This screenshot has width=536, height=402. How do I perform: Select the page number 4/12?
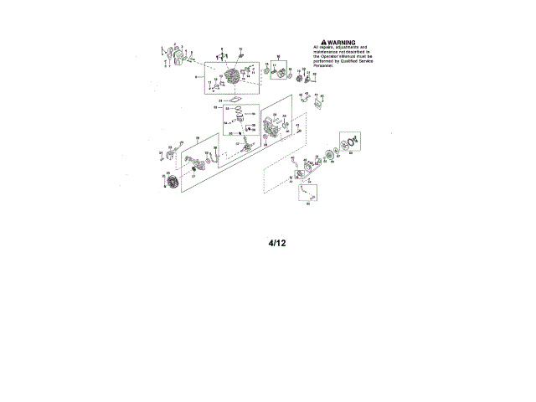tap(277, 243)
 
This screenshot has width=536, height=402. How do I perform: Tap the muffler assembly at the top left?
tap(177, 56)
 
